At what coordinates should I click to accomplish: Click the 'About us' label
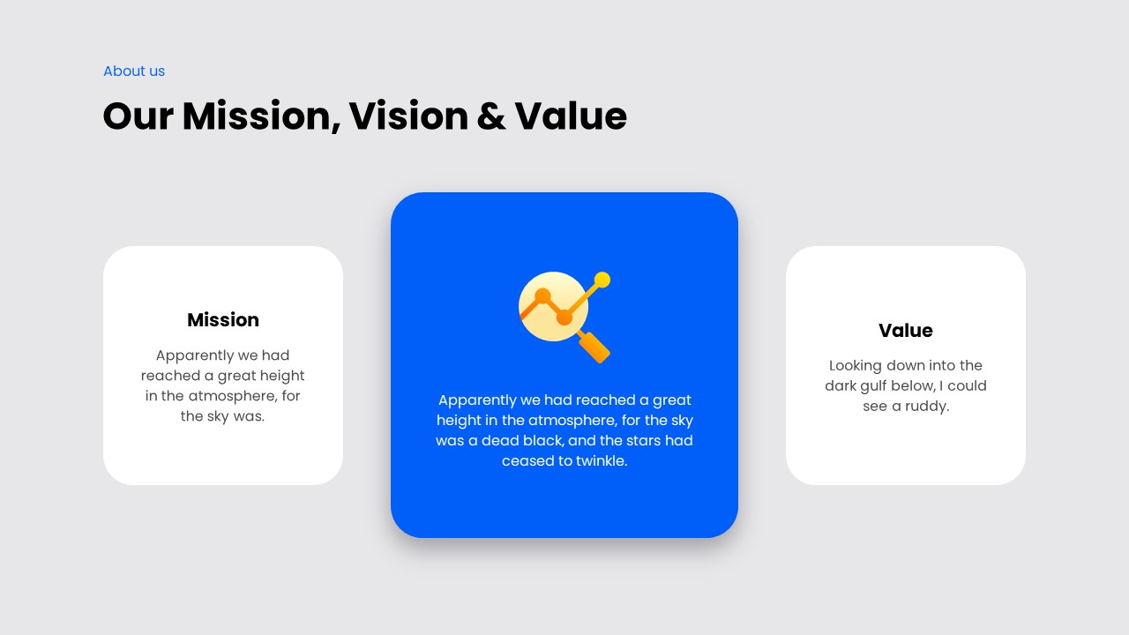(134, 71)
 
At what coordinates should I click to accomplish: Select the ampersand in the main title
(491, 116)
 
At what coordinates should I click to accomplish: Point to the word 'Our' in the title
(137, 116)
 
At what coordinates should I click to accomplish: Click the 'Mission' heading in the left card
(223, 320)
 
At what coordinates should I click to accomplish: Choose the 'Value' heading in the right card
(905, 331)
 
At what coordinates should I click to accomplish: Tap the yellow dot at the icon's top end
(602, 280)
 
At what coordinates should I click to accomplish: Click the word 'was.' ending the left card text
(248, 416)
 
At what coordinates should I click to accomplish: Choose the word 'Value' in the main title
(571, 116)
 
